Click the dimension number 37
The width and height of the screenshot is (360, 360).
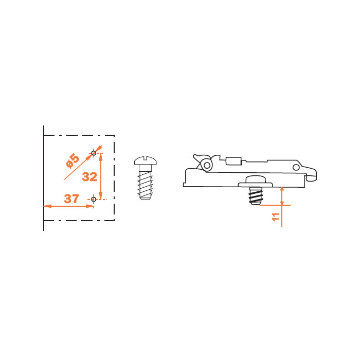point(71,199)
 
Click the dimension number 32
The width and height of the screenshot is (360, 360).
point(89,177)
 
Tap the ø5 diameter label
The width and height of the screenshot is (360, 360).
point(73,161)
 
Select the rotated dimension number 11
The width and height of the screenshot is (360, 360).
point(276,217)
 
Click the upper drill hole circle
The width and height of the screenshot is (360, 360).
point(94,153)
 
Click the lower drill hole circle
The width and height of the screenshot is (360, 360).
point(94,200)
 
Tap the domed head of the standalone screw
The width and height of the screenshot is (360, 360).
point(146,160)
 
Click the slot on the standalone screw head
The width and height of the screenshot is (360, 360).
point(146,158)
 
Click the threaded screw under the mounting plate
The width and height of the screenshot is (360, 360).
point(256,195)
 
